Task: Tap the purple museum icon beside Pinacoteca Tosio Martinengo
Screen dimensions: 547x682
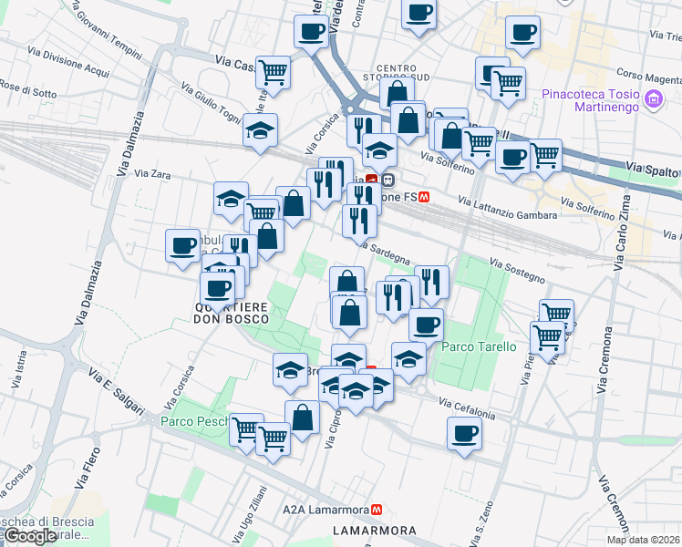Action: [x=653, y=100]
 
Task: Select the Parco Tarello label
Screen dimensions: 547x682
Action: [x=479, y=347]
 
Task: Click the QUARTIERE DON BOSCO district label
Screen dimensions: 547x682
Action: [x=232, y=313]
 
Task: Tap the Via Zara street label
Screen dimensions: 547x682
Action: [x=152, y=173]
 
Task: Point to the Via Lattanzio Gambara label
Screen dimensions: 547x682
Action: [x=507, y=209]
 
